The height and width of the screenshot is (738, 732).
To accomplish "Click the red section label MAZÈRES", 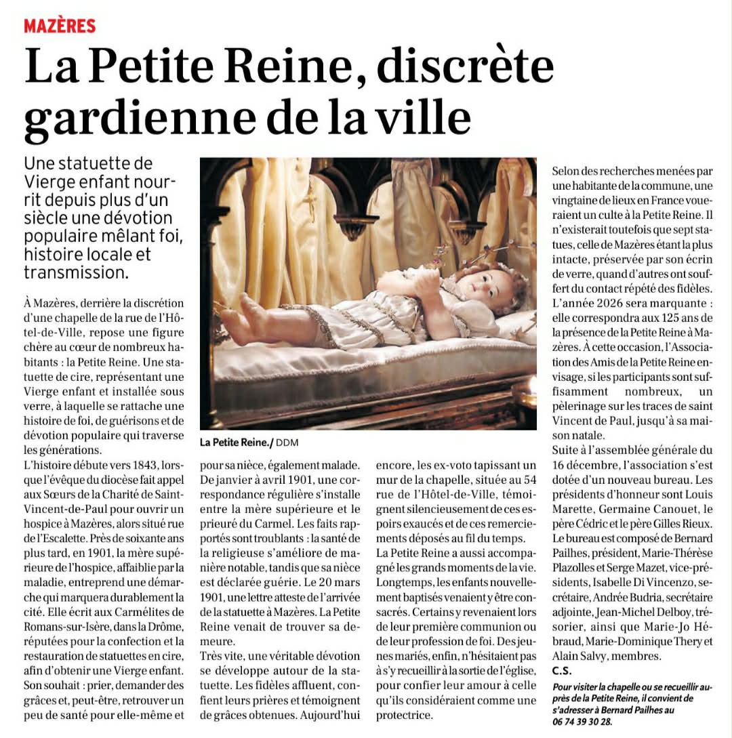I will [x=60, y=26].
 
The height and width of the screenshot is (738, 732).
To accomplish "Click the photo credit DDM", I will [x=287, y=443].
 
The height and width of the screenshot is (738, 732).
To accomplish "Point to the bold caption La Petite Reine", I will [x=235, y=443].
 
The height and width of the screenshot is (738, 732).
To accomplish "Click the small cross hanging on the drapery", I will [x=310, y=199].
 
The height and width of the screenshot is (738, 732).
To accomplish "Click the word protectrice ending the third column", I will [x=405, y=715].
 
